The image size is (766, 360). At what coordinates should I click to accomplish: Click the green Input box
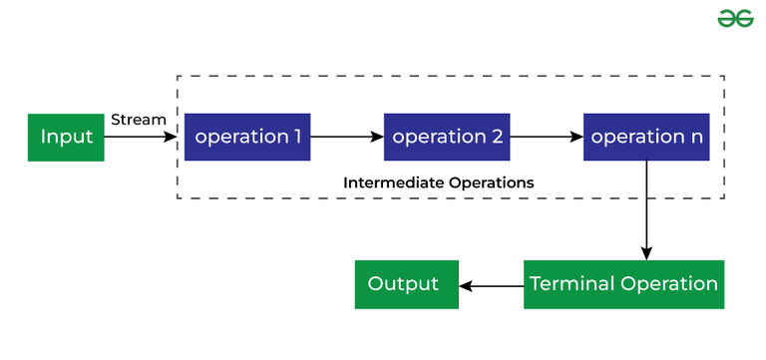[x=66, y=137]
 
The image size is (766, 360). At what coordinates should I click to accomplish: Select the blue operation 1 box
[x=247, y=137]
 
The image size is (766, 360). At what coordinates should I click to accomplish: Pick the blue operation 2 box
[x=447, y=137]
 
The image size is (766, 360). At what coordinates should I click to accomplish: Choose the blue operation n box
[x=646, y=137]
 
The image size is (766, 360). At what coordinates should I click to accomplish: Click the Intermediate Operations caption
[x=439, y=183]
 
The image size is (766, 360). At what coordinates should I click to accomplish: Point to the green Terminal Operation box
[x=623, y=284]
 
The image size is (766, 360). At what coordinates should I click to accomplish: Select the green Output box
[x=406, y=284]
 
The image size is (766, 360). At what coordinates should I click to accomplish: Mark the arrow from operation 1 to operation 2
[x=347, y=137]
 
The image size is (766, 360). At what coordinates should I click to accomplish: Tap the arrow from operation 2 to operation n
[x=547, y=137]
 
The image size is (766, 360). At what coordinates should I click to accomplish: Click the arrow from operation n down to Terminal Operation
[x=647, y=209]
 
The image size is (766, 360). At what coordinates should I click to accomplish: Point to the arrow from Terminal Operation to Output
[x=491, y=285]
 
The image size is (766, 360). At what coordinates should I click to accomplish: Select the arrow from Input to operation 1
[x=141, y=137]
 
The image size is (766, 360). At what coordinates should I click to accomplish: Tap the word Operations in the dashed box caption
[x=492, y=183]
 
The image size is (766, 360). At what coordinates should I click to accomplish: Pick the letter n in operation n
[x=695, y=138]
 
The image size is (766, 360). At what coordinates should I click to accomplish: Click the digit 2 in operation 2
[x=497, y=137]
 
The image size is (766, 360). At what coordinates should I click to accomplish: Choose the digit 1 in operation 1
[x=296, y=137]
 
